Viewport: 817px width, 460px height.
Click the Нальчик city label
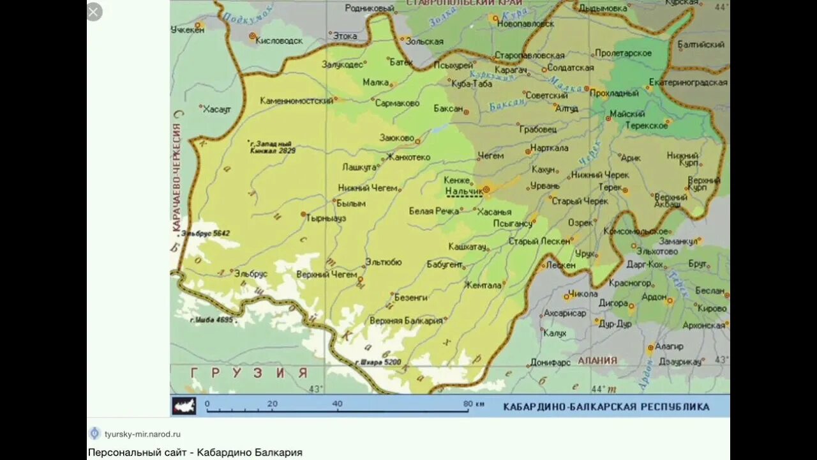pos(463,191)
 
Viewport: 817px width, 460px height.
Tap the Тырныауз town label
pos(326,218)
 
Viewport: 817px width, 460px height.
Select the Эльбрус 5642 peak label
pos(206,233)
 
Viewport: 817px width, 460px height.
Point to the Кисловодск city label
pos(280,40)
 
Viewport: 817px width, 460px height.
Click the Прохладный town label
pos(614,93)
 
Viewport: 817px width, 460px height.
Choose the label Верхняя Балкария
pos(406,321)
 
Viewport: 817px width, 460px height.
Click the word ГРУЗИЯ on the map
pos(249,372)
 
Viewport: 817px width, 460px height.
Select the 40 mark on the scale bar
pos(337,404)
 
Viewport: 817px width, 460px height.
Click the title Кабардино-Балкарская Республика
pos(606,406)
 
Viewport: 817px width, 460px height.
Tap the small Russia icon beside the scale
pos(184,406)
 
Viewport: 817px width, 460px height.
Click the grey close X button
pos(94,11)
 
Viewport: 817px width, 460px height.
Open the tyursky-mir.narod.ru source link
pos(142,434)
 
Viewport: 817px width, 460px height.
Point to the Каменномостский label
pos(297,101)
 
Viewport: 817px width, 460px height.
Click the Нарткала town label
pos(550,149)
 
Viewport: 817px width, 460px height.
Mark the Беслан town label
pos(710,291)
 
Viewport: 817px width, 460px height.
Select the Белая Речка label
pos(435,211)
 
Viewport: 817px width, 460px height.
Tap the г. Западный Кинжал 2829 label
pos(272,148)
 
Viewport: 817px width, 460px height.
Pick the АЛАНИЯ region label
pos(597,360)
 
